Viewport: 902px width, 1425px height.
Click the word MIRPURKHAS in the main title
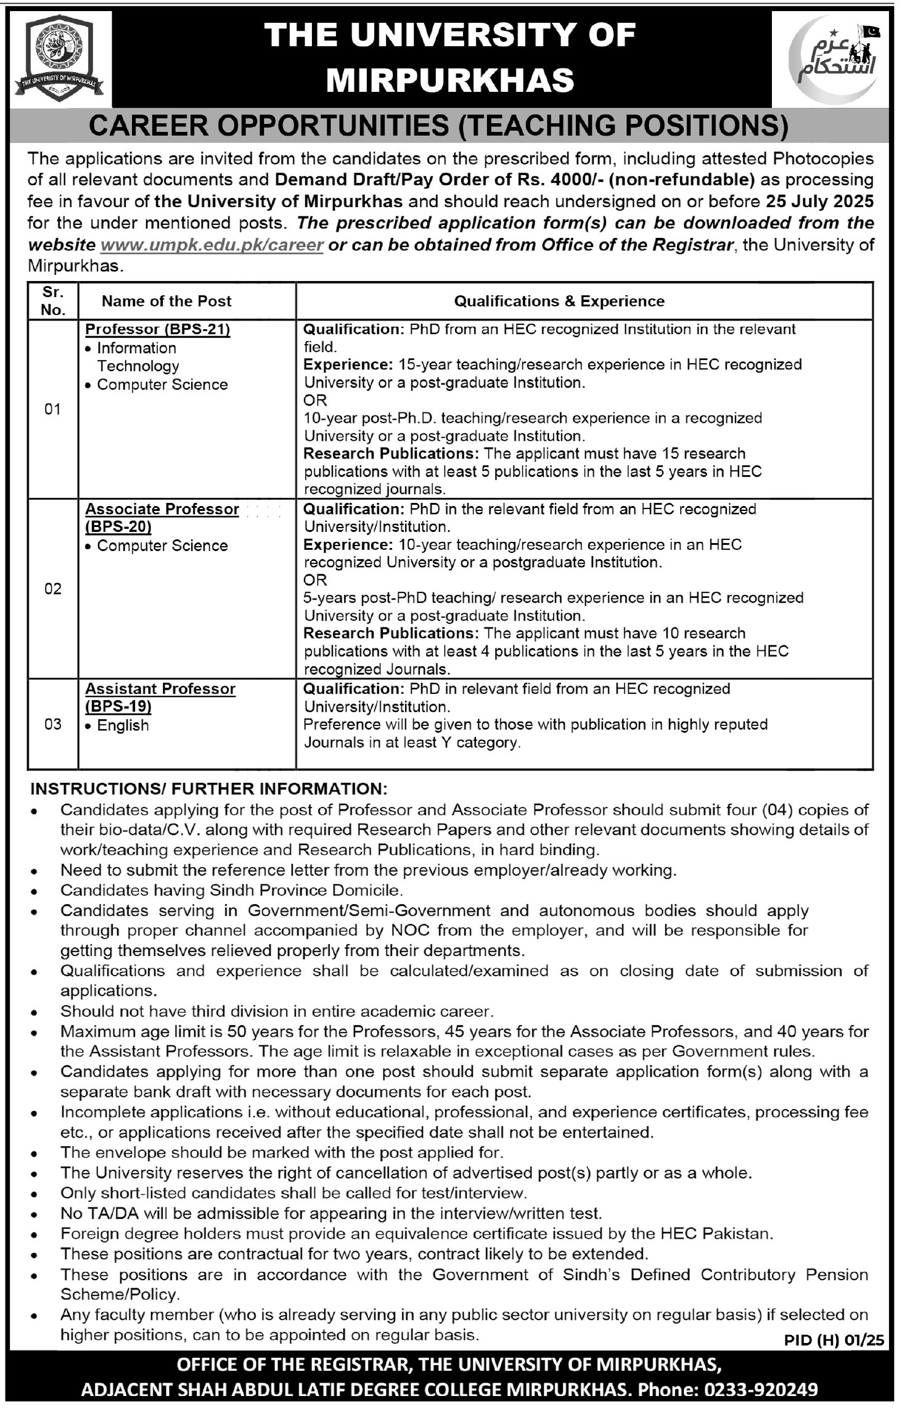pos(450,80)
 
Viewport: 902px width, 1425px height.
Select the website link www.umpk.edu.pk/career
pos(211,245)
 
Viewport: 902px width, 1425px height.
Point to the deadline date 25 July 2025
pos(819,202)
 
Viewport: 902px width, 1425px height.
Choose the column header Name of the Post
pos(166,301)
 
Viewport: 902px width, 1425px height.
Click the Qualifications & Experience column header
pos(559,301)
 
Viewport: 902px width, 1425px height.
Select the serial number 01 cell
pos(53,409)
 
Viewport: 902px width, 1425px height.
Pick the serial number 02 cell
pos(53,589)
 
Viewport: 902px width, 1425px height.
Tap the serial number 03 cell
pos(53,724)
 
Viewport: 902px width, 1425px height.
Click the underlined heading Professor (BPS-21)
pos(158,329)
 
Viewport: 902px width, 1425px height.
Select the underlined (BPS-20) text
pos(118,527)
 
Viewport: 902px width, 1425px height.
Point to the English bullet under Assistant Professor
pos(123,725)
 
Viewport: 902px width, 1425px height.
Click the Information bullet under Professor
pos(136,348)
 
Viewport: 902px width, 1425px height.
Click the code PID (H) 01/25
pos(834,1339)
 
